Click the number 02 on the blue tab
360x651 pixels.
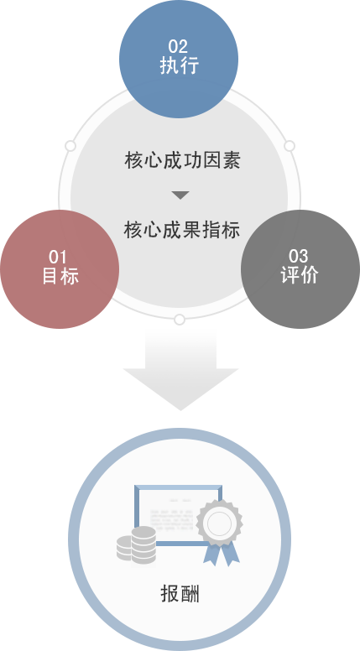pyautogui.click(x=178, y=46)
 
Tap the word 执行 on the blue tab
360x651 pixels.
pyautogui.click(x=178, y=65)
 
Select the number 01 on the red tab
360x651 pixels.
pyautogui.click(x=58, y=256)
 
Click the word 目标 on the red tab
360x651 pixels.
pyautogui.click(x=60, y=275)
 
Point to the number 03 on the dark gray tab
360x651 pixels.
pyautogui.click(x=299, y=256)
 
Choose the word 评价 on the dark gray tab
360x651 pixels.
pyautogui.click(x=299, y=274)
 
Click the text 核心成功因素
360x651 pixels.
pyautogui.click(x=181, y=160)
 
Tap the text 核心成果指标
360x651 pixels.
pyautogui.click(x=181, y=229)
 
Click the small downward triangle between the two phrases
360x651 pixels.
pyautogui.click(x=180, y=195)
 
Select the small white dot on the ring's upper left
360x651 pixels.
pyautogui.click(x=70, y=146)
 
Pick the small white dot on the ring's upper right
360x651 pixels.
pyautogui.click(x=290, y=146)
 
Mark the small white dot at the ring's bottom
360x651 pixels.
pyautogui.click(x=179, y=320)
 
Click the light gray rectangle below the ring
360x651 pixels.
pyautogui.click(x=180, y=369)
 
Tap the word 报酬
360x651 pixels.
pyautogui.click(x=180, y=594)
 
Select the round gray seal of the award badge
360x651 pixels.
pyautogui.click(x=218, y=523)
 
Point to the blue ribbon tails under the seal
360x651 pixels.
pyautogui.click(x=219, y=553)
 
